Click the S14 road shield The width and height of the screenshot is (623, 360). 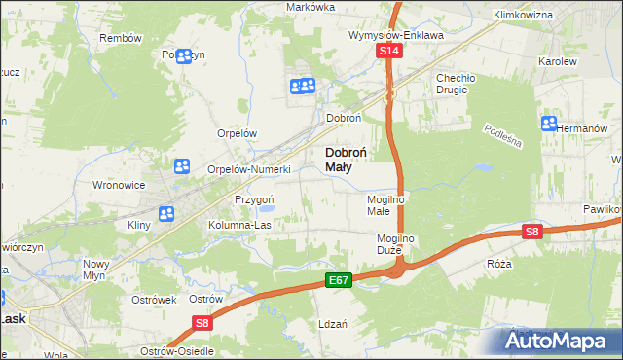coord(389,51)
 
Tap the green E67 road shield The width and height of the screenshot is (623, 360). coord(338,280)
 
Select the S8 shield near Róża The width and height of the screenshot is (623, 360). coord(531,232)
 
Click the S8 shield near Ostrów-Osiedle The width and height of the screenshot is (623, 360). coord(202,323)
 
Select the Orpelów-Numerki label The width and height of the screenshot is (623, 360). coord(250,169)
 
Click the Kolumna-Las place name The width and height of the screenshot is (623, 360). coord(239,225)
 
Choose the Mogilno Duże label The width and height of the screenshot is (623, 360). coord(397,244)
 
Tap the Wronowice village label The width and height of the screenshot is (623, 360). coord(118,184)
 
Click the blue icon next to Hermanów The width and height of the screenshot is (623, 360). coord(548,124)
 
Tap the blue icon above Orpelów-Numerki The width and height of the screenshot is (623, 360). coord(181,166)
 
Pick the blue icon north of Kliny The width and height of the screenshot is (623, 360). coord(166,213)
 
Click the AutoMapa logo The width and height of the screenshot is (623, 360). coord(562,342)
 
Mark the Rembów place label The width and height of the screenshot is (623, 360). coord(121,37)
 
